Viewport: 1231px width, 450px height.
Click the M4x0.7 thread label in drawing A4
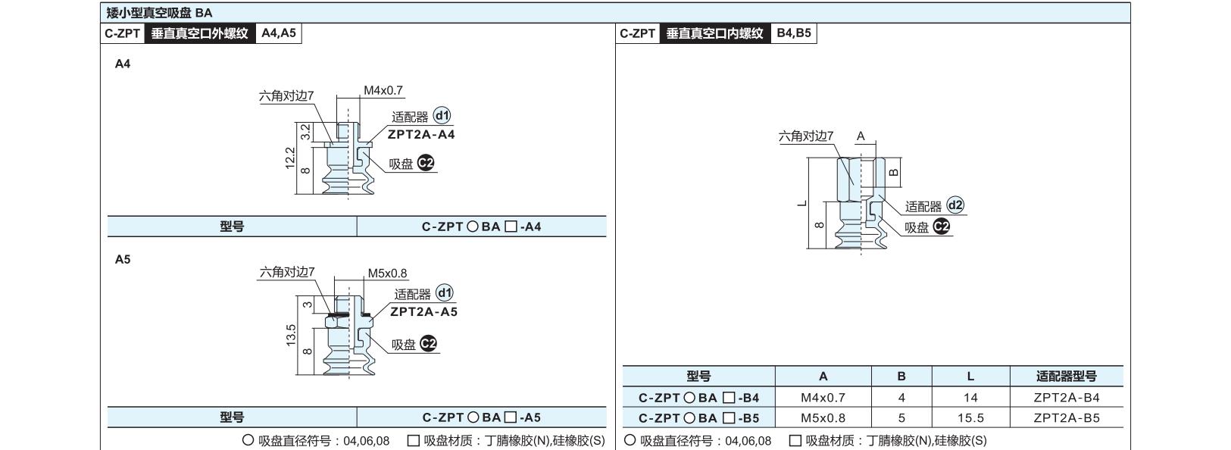coord(383,90)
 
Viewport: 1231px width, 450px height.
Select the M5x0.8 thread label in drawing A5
coord(387,273)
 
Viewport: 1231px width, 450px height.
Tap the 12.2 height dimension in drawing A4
coord(290,158)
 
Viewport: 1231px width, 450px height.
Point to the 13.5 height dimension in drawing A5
coord(291,335)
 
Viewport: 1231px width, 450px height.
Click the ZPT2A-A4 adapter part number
coord(421,135)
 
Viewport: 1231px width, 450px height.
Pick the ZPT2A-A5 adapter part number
coord(423,311)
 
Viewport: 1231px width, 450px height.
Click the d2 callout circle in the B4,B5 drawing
coord(956,205)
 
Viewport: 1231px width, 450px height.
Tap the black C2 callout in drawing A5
coord(428,344)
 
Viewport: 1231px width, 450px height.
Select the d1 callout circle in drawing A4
coord(442,115)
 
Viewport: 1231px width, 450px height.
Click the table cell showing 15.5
coord(970,418)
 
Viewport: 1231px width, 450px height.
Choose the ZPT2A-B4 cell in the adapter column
coord(1066,397)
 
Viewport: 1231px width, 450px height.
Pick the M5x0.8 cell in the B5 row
coord(823,418)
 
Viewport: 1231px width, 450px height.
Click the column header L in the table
coord(970,377)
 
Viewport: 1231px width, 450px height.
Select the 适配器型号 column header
coord(1066,377)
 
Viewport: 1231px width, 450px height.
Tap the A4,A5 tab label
coord(279,33)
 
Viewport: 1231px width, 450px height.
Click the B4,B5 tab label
coord(794,33)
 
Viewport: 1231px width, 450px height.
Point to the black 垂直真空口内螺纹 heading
coord(714,33)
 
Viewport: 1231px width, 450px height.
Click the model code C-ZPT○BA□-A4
coord(481,227)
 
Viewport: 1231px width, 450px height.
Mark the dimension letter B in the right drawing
coord(894,172)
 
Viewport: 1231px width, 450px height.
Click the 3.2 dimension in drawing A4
coord(305,132)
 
